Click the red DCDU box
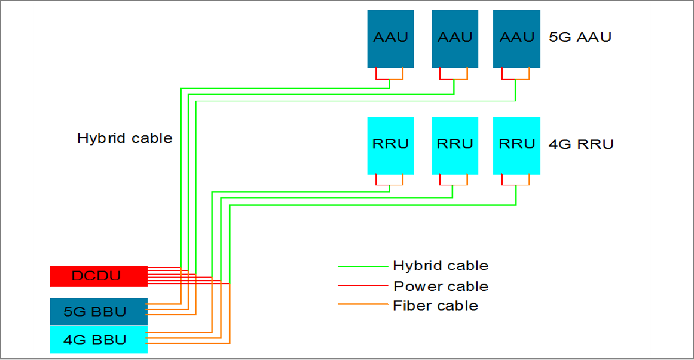(98, 276)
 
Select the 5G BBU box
(98, 312)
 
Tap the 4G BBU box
(98, 340)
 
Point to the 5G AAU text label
(580, 38)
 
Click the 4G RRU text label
(581, 144)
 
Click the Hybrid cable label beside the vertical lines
(125, 138)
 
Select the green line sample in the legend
(362, 266)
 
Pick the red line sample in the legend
(362, 286)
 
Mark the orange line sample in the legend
(362, 305)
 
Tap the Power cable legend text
(441, 286)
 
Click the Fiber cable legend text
(435, 306)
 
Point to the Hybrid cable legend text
(440, 266)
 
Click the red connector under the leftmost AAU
(376, 75)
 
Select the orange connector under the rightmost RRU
(530, 181)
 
